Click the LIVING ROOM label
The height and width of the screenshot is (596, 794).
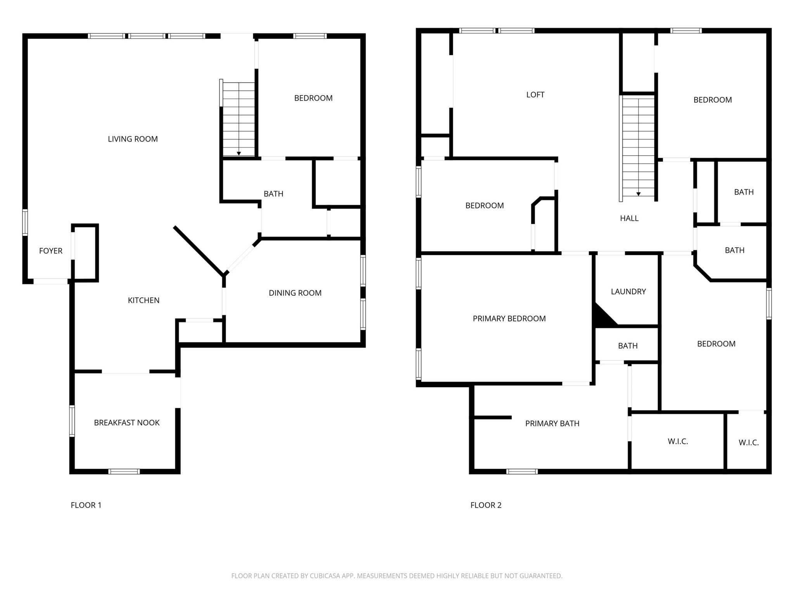pyautogui.click(x=133, y=139)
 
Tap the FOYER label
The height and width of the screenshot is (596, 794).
pyautogui.click(x=51, y=251)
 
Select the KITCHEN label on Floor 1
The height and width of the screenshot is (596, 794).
pyautogui.click(x=143, y=300)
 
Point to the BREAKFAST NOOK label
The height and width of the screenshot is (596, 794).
pyautogui.click(x=127, y=423)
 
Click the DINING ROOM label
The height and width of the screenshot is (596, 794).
pyautogui.click(x=295, y=293)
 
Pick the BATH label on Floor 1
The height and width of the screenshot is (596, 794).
pyautogui.click(x=273, y=194)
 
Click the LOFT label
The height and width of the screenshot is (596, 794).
pyautogui.click(x=535, y=95)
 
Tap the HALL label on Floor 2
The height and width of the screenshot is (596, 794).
pyautogui.click(x=629, y=218)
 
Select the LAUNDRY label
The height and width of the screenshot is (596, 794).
pyautogui.click(x=628, y=292)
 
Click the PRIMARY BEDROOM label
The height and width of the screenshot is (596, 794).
pyautogui.click(x=509, y=319)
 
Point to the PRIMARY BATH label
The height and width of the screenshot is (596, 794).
pyautogui.click(x=552, y=424)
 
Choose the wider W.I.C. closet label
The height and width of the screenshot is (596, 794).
pyautogui.click(x=678, y=442)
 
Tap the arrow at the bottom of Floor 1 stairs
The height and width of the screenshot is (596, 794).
pyautogui.click(x=239, y=154)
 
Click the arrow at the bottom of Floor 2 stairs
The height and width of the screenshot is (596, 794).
pyautogui.click(x=638, y=194)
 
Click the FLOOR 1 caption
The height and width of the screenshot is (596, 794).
pyautogui.click(x=86, y=505)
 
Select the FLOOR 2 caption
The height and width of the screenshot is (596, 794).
pyautogui.click(x=486, y=505)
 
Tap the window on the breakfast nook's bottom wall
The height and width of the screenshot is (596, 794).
pyautogui.click(x=124, y=471)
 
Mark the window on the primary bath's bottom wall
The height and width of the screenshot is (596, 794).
pyautogui.click(x=522, y=471)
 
